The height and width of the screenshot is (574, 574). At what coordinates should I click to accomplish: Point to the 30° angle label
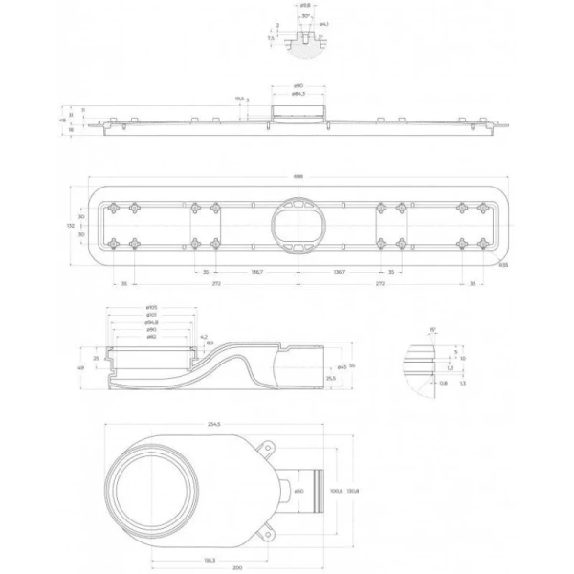click(x=304, y=16)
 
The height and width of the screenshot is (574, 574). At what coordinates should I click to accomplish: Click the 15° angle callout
click(x=432, y=328)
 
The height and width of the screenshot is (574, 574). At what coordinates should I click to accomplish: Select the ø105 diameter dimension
click(x=152, y=307)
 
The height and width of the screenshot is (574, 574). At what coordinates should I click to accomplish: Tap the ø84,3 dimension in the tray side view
click(x=298, y=95)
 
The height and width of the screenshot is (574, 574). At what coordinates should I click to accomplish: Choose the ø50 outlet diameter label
click(x=298, y=490)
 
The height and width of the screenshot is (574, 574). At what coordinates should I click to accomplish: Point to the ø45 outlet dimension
click(x=342, y=365)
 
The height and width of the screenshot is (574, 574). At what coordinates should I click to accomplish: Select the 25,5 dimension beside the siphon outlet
click(x=330, y=379)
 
